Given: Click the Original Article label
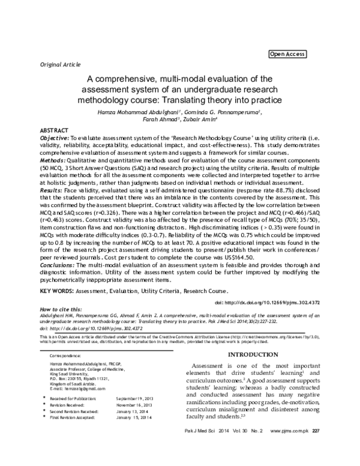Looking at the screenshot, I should pos(60,63).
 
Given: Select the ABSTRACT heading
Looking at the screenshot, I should pos(54,130).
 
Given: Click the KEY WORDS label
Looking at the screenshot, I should pos(56,291).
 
